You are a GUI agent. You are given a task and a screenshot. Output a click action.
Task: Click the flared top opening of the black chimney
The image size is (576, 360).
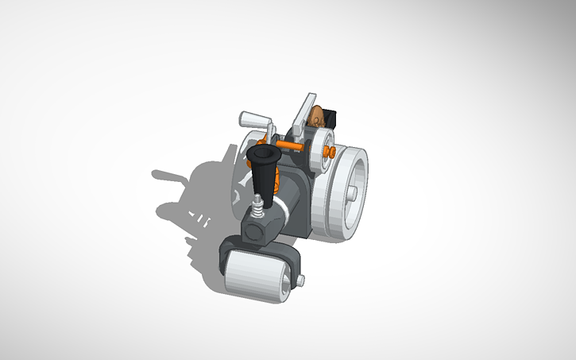pyautogui.click(x=263, y=151)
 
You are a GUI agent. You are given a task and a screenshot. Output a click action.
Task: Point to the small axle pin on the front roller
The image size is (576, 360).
pyautogui.click(x=301, y=279)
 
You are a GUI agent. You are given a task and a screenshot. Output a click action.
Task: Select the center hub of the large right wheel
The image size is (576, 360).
pyautogui.click(x=352, y=192)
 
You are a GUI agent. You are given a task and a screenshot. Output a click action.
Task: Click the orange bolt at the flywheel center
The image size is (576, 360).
pyautogui.click(x=327, y=150)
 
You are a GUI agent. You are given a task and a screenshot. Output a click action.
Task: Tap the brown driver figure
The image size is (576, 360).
pyautogui.click(x=318, y=117)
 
